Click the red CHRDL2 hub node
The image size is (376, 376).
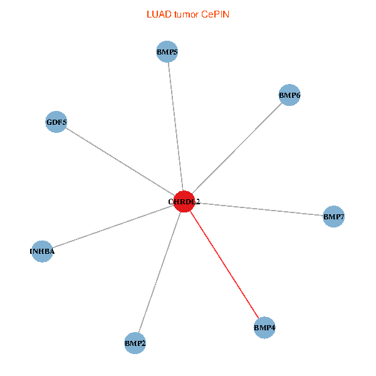click(x=184, y=201)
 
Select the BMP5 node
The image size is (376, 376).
click(x=167, y=52)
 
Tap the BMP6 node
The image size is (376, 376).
click(x=290, y=95)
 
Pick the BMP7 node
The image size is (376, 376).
click(x=333, y=217)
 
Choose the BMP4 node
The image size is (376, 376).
click(x=264, y=327)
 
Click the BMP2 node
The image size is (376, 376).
click(x=135, y=343)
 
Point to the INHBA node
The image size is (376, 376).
click(x=42, y=251)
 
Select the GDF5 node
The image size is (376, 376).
click(x=56, y=122)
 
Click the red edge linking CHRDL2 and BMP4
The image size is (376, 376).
click(x=224, y=264)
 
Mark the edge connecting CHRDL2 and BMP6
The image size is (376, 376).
click(x=237, y=148)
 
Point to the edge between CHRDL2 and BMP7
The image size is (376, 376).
click(x=258, y=209)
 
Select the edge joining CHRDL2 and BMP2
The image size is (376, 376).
click(x=159, y=272)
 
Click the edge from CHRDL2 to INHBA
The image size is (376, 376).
click(x=113, y=226)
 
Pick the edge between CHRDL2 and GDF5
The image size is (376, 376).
click(x=120, y=161)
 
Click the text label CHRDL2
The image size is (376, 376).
click(x=184, y=202)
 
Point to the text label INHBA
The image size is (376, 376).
click(x=42, y=252)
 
